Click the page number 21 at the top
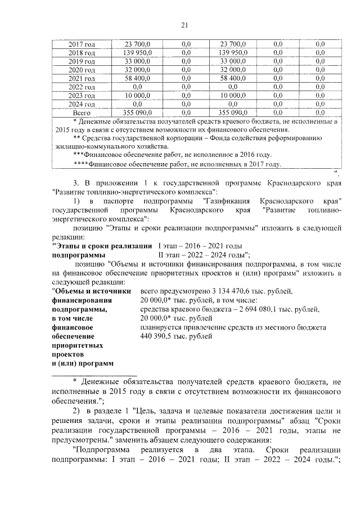pos(184,24)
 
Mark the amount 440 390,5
pos(161,336)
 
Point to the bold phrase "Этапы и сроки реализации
pos(101,246)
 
